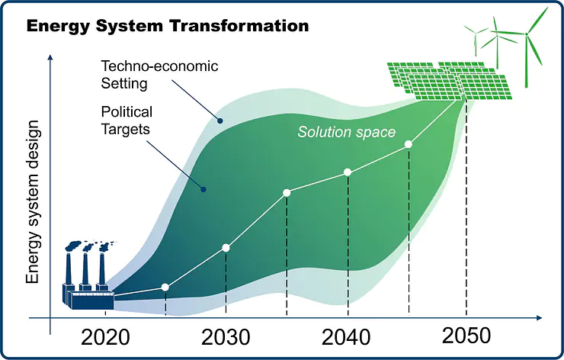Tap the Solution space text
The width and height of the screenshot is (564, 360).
(x=347, y=132)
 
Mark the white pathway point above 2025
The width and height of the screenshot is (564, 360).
(x=165, y=288)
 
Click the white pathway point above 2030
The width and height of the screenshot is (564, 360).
(x=226, y=248)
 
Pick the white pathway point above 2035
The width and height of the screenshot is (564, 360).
(x=287, y=192)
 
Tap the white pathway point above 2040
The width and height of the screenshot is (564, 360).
(x=348, y=172)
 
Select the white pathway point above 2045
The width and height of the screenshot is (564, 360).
(x=409, y=143)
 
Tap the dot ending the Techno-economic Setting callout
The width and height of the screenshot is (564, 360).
(x=220, y=120)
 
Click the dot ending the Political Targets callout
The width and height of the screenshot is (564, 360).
(x=203, y=189)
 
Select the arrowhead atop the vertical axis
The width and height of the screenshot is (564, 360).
(x=50, y=58)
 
